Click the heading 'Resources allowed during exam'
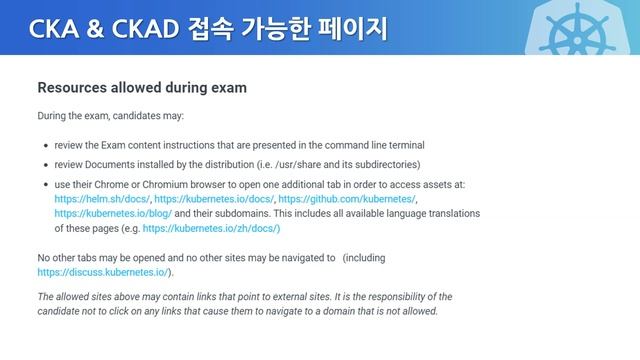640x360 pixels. tap(142, 88)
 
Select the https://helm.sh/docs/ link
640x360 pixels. tap(101, 199)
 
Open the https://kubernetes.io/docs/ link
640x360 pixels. tap(213, 199)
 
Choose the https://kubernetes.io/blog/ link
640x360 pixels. tap(113, 213)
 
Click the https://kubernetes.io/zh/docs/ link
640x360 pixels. tap(211, 228)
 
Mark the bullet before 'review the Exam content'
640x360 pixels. tap(45, 146)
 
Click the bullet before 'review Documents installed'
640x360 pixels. tap(45, 165)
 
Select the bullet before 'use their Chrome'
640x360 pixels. tap(45, 185)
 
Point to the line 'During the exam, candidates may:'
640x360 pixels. tap(110, 116)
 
